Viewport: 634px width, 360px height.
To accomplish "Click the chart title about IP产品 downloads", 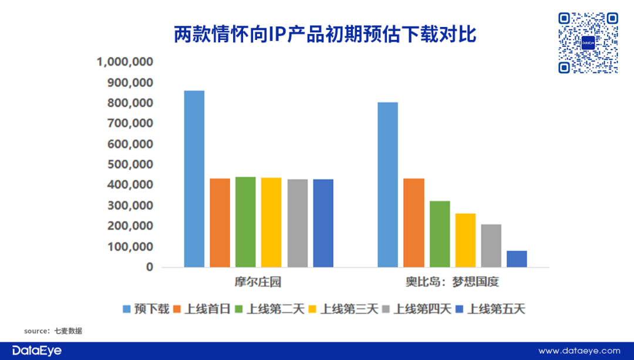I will coord(325,34).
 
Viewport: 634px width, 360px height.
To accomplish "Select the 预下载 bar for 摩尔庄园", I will coord(194,179).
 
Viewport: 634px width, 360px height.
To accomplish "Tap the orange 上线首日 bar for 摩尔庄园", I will coord(220,223).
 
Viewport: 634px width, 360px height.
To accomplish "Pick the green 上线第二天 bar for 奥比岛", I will coord(440,234).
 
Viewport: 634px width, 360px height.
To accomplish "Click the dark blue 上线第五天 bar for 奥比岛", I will coord(517,259).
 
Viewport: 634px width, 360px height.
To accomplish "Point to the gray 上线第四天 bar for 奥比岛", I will coord(491,245).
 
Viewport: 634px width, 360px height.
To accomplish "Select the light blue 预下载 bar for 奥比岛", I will coord(388,184).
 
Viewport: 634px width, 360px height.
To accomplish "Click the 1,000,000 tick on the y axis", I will coord(124,62).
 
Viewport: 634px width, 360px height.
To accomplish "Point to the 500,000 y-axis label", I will coord(130,164).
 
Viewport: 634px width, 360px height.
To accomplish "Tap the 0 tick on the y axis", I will coord(149,267).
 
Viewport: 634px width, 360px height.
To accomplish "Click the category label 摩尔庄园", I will coord(258,282).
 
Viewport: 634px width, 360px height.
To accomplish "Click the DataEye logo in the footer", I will coord(37,351).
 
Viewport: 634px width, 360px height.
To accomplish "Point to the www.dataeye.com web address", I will coord(579,351).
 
